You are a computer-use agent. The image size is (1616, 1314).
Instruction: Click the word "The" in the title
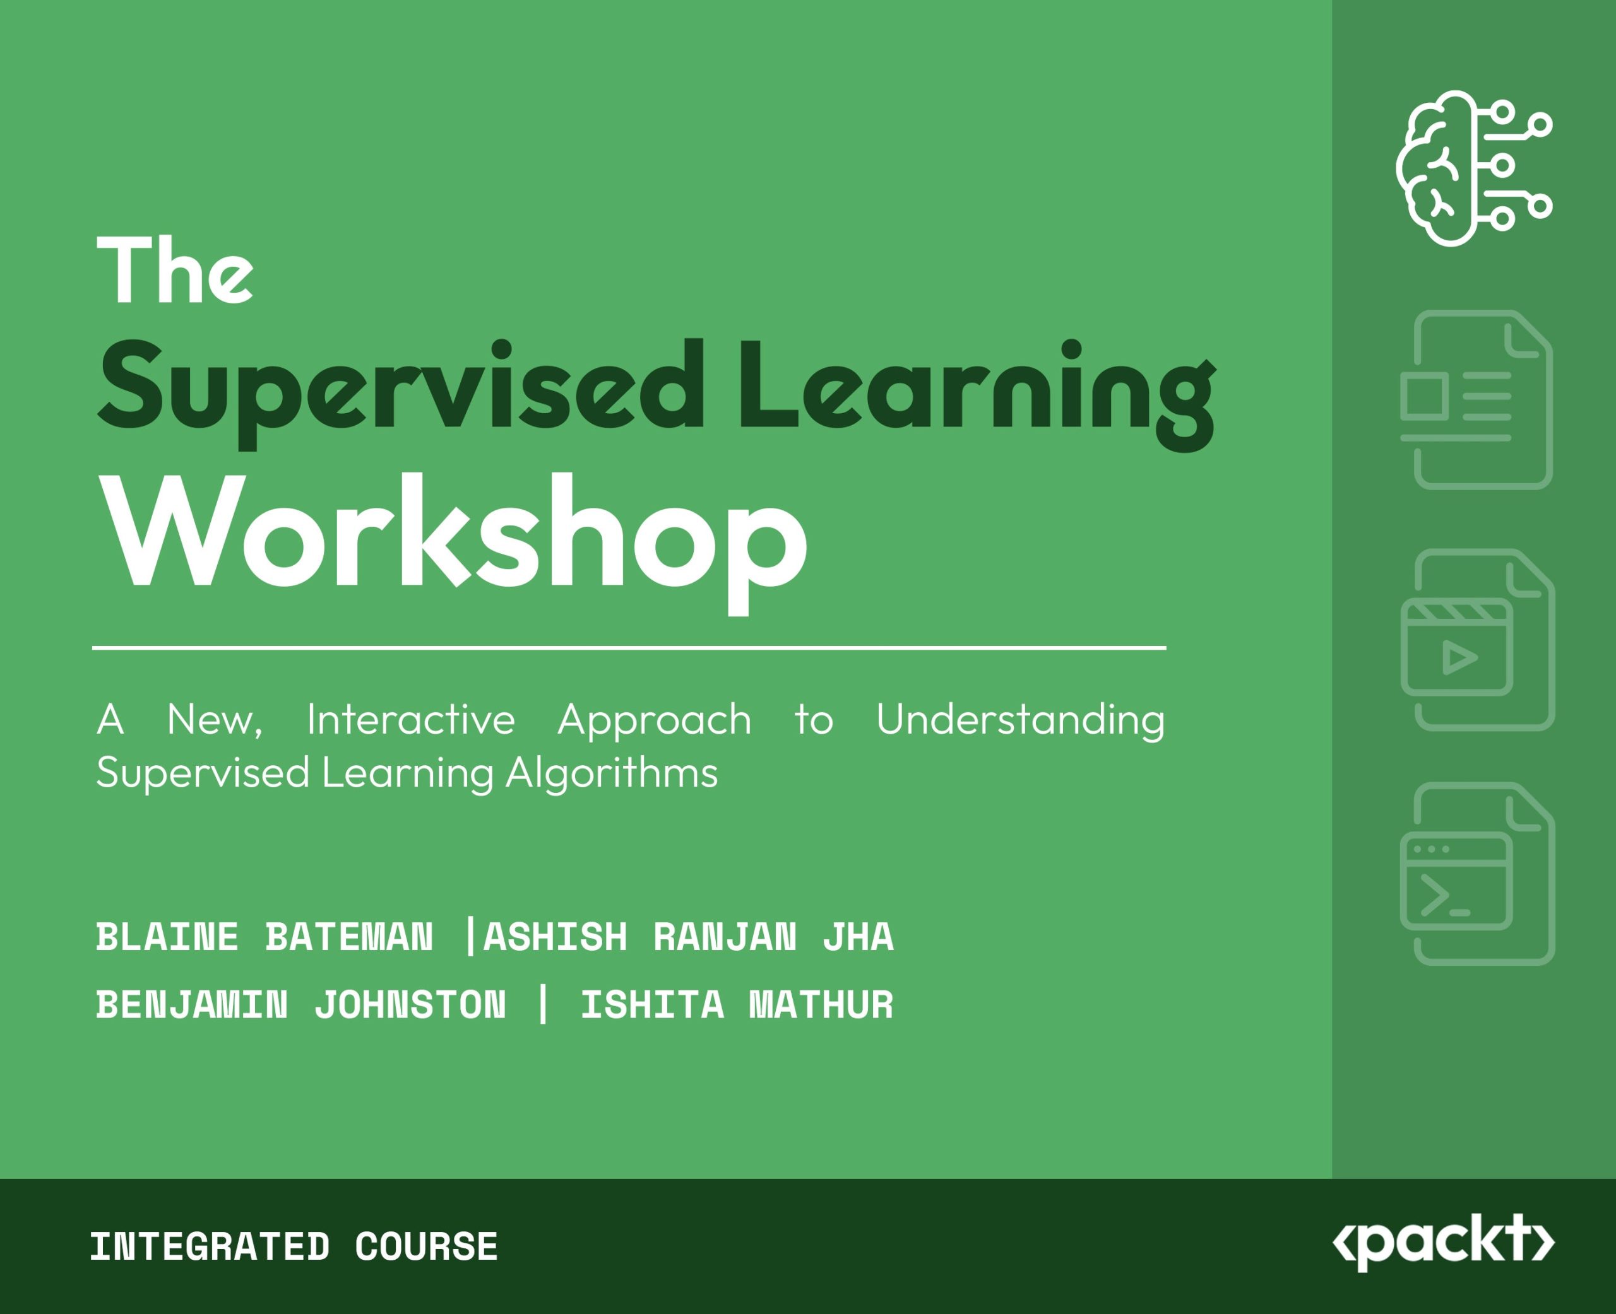175,270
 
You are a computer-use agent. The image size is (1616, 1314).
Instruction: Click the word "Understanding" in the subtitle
1021,720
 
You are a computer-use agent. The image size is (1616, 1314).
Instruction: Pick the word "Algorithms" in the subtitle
612,773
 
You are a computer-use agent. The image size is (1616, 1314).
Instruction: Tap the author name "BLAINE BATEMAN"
264,937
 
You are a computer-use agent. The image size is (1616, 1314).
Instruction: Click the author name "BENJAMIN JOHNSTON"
300,1005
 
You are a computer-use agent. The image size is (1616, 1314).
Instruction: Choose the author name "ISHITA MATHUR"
737,1005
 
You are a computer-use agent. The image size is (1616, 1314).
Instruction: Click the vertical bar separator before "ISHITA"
542,1005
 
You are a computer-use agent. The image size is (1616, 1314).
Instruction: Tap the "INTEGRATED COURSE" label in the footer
294,1247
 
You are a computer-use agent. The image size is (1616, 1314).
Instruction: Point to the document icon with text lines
1476,400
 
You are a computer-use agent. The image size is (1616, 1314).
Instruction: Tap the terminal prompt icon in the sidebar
1477,874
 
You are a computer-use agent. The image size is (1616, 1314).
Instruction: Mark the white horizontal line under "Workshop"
629,647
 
